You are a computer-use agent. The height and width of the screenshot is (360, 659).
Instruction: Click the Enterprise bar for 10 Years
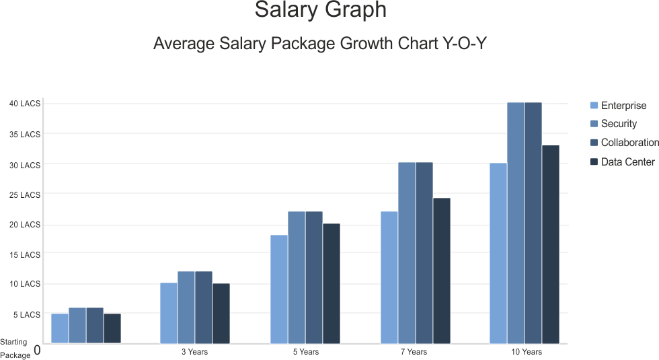tap(498, 253)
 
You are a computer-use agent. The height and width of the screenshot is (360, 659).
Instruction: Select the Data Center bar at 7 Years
tap(441, 271)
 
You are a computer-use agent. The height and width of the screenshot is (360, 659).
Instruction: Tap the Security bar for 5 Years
tap(297, 277)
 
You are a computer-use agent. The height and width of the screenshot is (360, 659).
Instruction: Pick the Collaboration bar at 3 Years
tap(203, 308)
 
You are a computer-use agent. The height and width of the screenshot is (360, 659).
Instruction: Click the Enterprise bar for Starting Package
tap(60, 328)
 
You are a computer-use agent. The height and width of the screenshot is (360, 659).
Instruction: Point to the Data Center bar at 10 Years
tap(551, 244)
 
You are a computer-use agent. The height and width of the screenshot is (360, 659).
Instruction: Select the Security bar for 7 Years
tap(406, 253)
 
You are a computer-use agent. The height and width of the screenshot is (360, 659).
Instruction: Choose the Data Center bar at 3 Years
tap(221, 314)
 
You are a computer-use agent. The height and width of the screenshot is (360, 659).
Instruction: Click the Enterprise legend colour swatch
tap(594, 105)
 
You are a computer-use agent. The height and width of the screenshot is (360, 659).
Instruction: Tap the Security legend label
tap(619, 124)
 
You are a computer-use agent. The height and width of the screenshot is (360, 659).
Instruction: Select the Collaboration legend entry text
tap(630, 143)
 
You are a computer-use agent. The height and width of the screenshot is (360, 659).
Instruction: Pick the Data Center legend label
tap(628, 162)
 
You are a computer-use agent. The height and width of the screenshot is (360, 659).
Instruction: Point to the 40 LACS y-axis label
tap(25, 104)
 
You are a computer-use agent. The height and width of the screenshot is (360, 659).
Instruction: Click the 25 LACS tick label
tap(25, 195)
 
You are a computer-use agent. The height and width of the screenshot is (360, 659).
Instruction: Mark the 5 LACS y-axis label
tap(27, 315)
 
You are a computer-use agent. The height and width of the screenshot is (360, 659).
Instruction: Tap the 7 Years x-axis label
tap(414, 352)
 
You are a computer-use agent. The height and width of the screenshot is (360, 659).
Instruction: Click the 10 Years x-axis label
tap(526, 352)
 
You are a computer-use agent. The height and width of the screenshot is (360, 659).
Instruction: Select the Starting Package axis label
tap(15, 349)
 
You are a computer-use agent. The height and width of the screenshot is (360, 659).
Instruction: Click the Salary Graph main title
tap(321, 10)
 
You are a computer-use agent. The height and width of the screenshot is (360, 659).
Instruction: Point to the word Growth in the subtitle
tap(366, 43)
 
